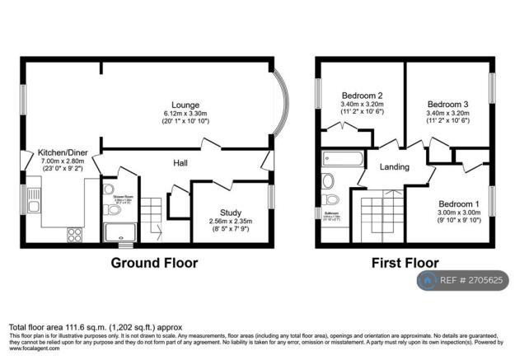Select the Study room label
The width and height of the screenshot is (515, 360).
pyautogui.click(x=231, y=212)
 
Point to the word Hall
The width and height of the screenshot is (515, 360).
pyautogui.click(x=180, y=162)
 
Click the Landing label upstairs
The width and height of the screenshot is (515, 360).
pyautogui.click(x=394, y=167)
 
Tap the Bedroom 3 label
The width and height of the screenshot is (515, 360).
pyautogui.click(x=447, y=105)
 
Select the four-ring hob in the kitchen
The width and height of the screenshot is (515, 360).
pyautogui.click(x=74, y=233)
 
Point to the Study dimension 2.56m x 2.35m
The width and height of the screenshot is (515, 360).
pyautogui.click(x=231, y=222)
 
